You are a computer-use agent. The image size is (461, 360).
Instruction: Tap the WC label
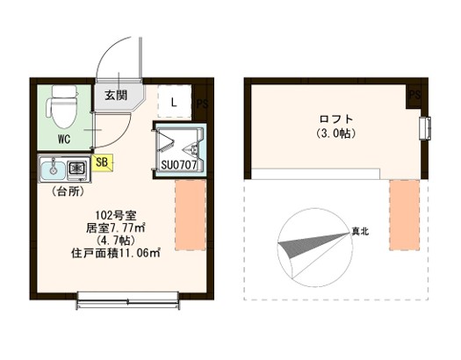coord(65,139)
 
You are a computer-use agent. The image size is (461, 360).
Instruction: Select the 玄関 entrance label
coord(116,95)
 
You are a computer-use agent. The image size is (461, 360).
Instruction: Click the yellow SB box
coord(101,162)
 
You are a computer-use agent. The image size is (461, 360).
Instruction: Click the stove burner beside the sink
coord(76,167)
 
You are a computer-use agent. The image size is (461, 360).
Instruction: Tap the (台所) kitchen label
coord(67,190)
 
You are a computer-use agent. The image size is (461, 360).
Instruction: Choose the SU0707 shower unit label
coord(182,163)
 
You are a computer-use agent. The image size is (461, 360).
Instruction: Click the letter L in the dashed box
coord(174,102)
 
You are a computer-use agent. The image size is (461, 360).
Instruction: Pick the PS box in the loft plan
coord(414,93)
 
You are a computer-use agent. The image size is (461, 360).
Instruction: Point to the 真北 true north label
coord(360,232)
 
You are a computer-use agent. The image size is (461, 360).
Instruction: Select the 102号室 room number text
coord(114,215)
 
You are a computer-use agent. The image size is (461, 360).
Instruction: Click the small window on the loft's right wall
coord(427,127)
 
